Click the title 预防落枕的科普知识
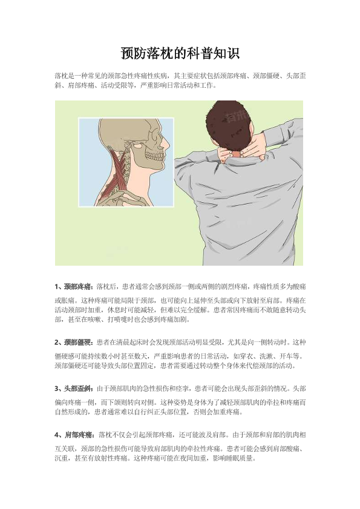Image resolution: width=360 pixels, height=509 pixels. pyautogui.click(x=180, y=53)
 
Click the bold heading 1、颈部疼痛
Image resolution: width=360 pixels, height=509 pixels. pyautogui.click(x=74, y=287)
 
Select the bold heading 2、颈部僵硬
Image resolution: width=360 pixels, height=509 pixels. pyautogui.click(x=74, y=342)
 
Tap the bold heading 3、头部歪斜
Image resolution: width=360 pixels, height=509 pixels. pyautogui.click(x=74, y=389)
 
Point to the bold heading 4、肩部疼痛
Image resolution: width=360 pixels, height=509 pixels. pyautogui.click(x=74, y=435)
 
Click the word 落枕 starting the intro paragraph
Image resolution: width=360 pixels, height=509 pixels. pyautogui.click(x=61, y=76)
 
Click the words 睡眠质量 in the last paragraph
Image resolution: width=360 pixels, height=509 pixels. pyautogui.click(x=240, y=458)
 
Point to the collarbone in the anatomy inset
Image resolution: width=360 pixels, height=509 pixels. pyautogui.click(x=123, y=197)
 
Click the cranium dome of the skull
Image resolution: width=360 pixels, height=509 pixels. pyautogui.click(x=130, y=126)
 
